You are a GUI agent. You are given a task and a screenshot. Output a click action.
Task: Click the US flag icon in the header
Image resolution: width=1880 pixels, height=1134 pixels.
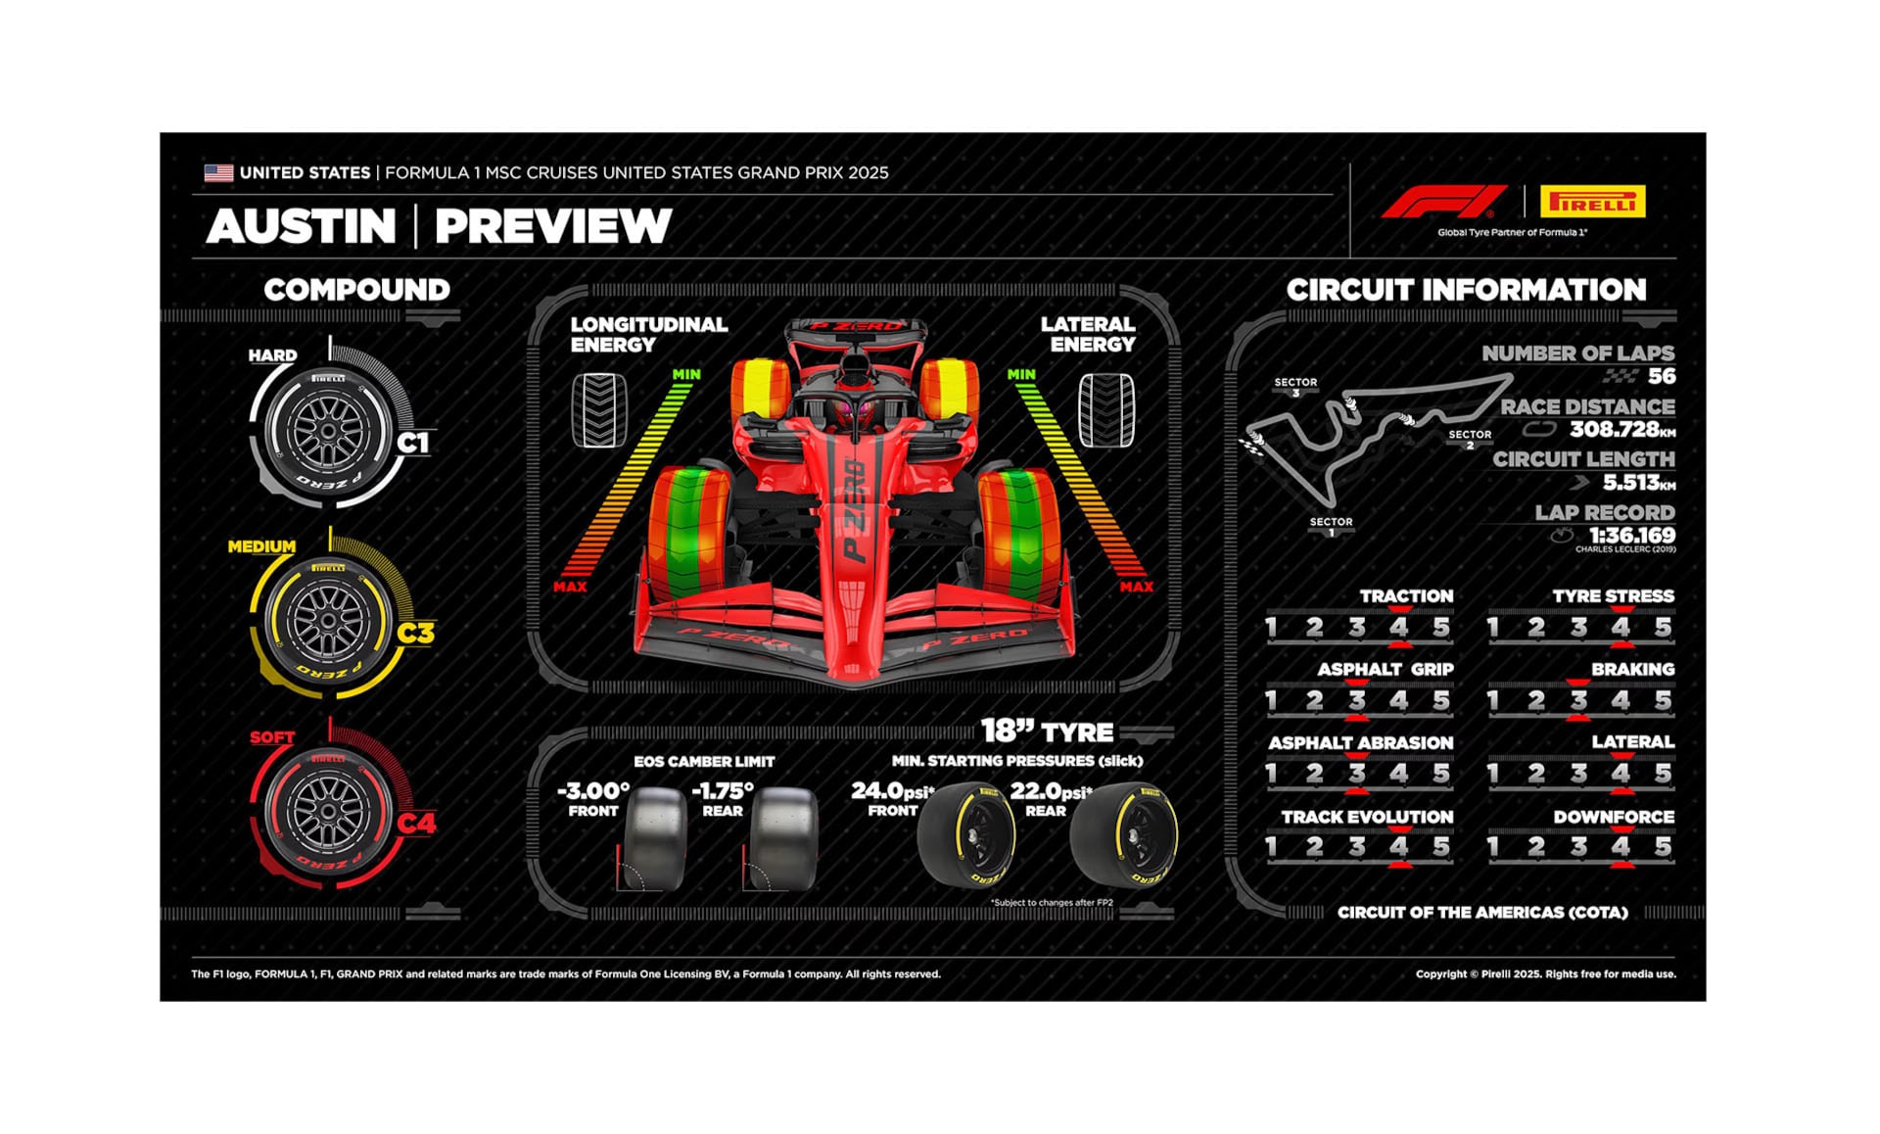218,173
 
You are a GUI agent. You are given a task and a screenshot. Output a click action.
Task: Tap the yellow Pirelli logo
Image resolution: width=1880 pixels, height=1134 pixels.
1592,202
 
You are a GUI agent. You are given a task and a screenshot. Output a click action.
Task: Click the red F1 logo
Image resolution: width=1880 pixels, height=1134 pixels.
1443,202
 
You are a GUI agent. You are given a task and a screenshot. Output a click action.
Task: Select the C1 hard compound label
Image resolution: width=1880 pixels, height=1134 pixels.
413,443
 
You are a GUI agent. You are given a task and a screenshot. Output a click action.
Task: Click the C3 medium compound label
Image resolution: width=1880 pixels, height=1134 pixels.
415,634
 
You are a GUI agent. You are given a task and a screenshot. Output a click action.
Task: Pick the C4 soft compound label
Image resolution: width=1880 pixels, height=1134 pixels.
416,824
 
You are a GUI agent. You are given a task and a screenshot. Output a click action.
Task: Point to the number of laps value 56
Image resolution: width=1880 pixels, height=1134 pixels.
1661,376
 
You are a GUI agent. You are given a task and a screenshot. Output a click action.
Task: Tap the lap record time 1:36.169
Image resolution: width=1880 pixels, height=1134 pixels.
1631,535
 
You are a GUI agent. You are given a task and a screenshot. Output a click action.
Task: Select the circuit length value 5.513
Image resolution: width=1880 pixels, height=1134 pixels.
1629,482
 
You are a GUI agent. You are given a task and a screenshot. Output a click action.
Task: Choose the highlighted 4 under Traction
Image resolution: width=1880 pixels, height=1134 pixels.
1399,628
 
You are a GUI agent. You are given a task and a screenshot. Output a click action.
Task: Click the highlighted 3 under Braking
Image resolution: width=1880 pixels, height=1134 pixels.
1578,700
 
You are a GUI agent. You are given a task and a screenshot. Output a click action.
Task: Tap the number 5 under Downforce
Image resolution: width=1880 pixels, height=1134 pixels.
1663,847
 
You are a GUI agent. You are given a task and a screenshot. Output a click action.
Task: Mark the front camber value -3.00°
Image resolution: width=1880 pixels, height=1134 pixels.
593,790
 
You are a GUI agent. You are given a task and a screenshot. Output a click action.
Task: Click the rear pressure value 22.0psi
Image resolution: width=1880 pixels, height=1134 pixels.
1050,790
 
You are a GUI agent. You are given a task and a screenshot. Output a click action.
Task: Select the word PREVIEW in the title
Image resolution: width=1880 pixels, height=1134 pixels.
553,226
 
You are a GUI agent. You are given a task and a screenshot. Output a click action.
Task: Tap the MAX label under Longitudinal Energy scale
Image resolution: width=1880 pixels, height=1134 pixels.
570,587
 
